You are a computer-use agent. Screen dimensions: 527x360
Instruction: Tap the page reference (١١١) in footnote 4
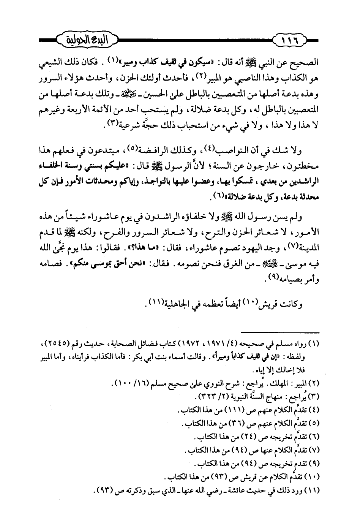pos(234,410)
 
